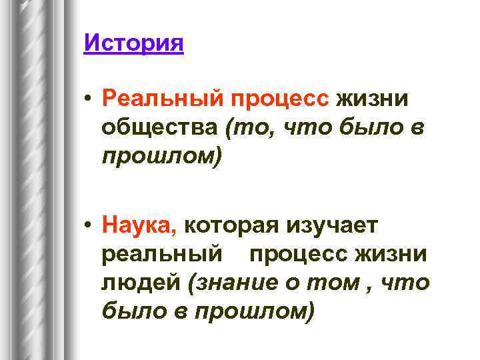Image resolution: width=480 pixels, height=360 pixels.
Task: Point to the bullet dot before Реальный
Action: pos(89,99)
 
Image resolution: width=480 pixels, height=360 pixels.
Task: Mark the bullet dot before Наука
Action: pos(89,227)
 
